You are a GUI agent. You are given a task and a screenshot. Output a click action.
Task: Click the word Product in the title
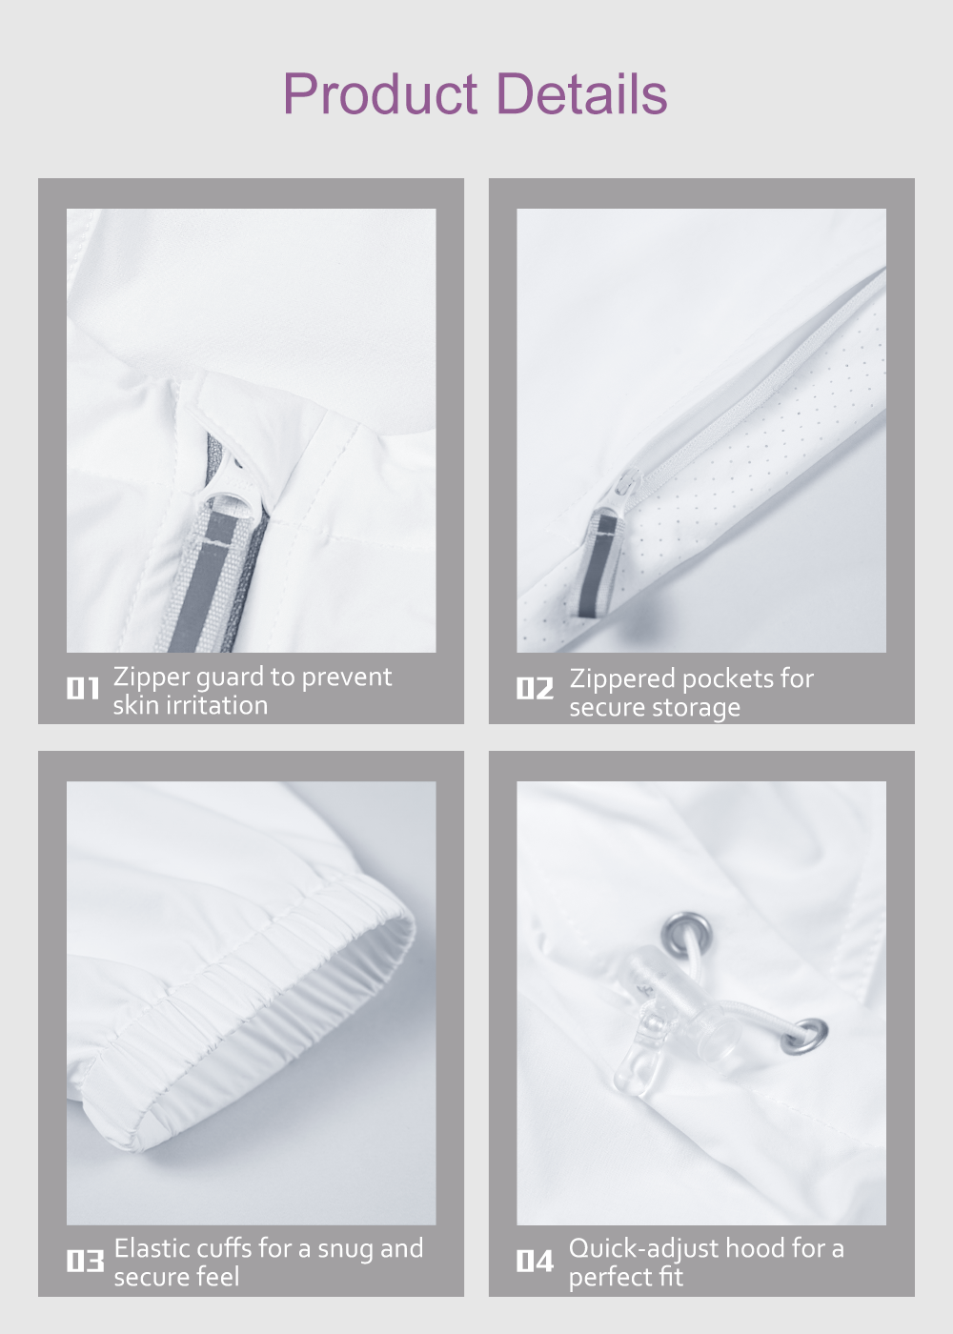coord(380,93)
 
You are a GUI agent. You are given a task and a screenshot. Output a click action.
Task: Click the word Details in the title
coord(582,93)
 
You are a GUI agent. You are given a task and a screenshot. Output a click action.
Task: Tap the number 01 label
coord(83,688)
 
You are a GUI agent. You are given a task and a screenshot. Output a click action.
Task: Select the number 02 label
coord(535,688)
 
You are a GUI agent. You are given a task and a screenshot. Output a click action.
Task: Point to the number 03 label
coord(85,1261)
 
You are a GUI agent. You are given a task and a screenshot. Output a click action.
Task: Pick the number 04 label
coord(535,1261)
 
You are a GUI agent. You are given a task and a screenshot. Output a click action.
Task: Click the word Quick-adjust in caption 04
coord(643,1249)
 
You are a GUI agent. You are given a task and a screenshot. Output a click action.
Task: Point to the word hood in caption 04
coord(755,1248)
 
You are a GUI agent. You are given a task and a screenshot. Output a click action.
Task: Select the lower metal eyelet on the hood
coord(805,1037)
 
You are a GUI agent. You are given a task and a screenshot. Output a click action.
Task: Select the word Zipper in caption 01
coord(152,677)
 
